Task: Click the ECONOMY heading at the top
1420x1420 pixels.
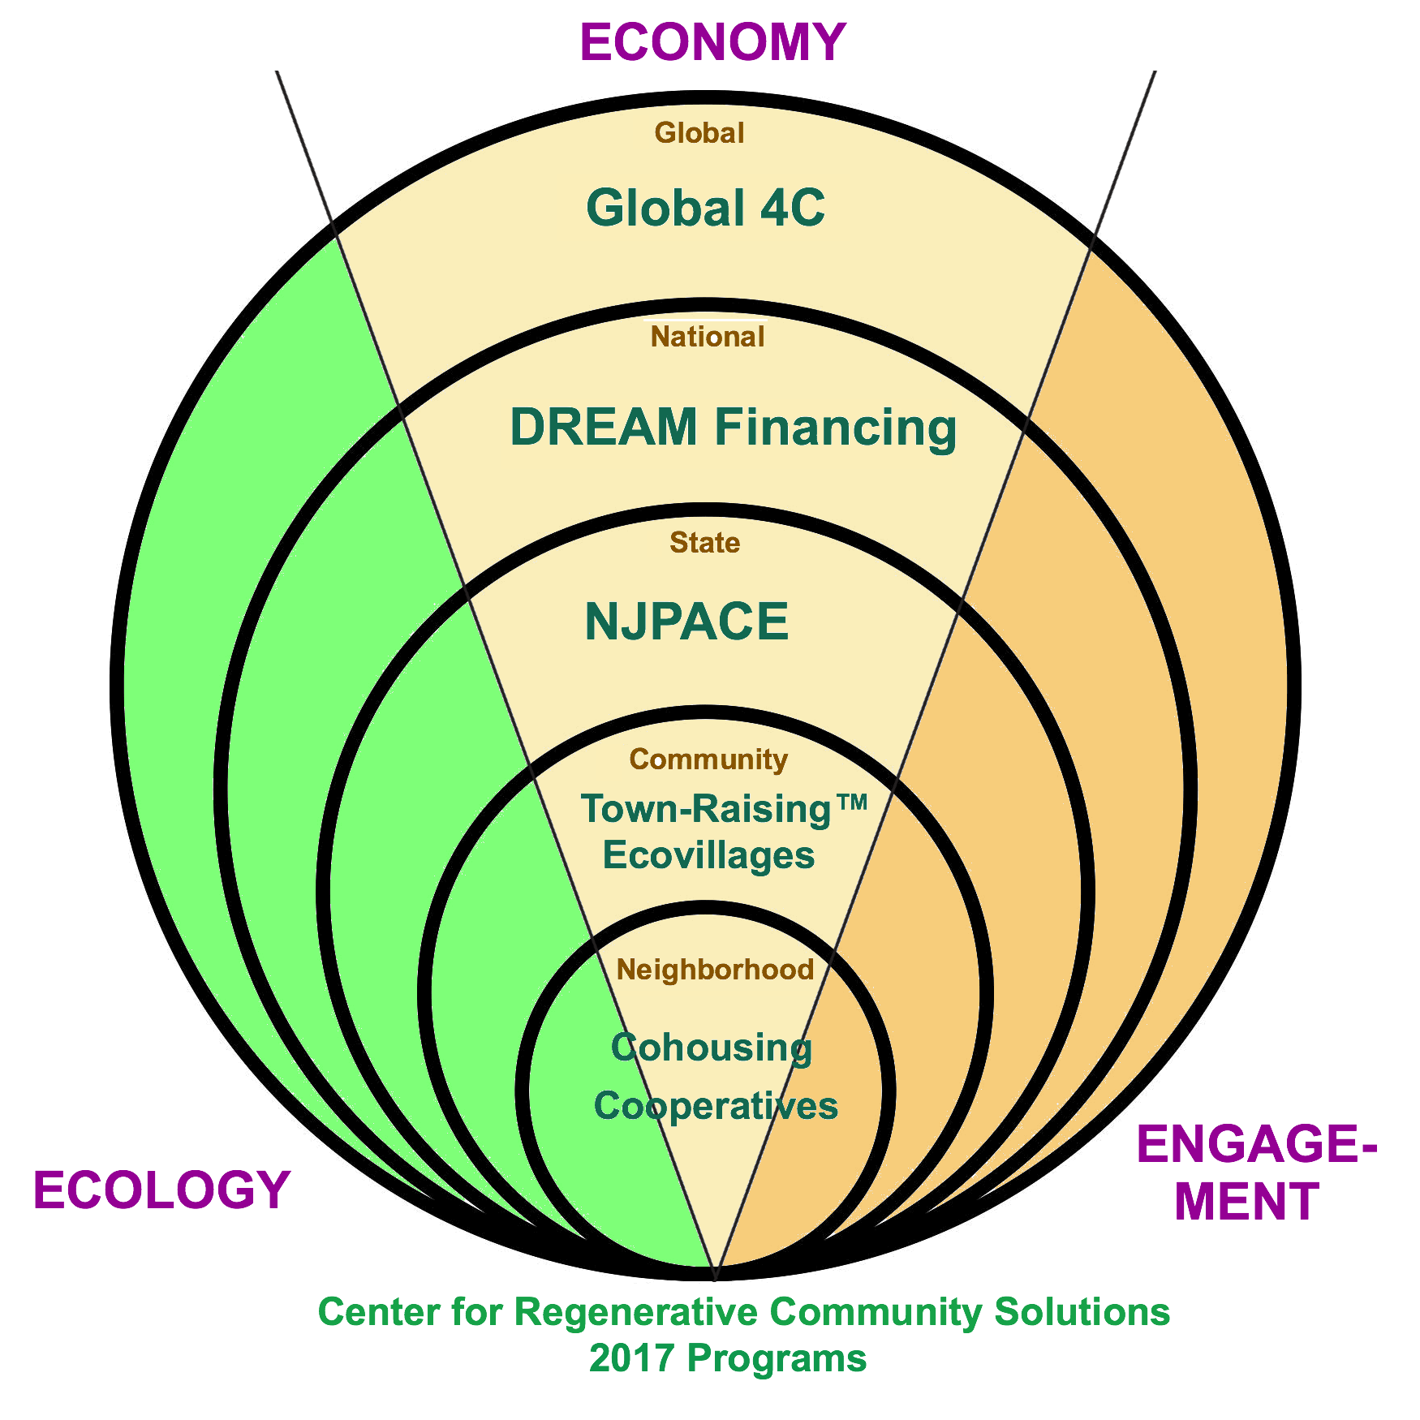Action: pos(712,42)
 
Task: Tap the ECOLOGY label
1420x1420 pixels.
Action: pos(161,1190)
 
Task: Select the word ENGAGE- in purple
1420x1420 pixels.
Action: pos(1256,1144)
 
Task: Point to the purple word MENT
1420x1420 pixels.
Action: pos(1246,1202)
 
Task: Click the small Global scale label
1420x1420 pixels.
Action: pos(699,133)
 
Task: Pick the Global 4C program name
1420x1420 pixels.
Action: pos(704,208)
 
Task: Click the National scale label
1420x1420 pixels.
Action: pos(708,337)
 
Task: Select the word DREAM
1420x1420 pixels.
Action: pos(604,427)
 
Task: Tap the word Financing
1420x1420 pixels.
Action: pos(835,428)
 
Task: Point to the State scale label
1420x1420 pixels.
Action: pos(704,543)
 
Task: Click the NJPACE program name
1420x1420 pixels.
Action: pos(686,622)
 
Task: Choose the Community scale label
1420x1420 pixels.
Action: pos(708,759)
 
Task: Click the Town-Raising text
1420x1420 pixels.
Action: pos(706,810)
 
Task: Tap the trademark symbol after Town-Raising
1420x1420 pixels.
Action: pos(852,804)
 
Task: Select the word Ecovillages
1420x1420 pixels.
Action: pos(708,856)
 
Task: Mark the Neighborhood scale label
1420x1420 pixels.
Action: pos(715,970)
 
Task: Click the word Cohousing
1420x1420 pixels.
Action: pos(711,1048)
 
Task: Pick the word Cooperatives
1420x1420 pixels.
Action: pos(716,1106)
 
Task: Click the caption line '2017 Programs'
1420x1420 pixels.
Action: pos(728,1358)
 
